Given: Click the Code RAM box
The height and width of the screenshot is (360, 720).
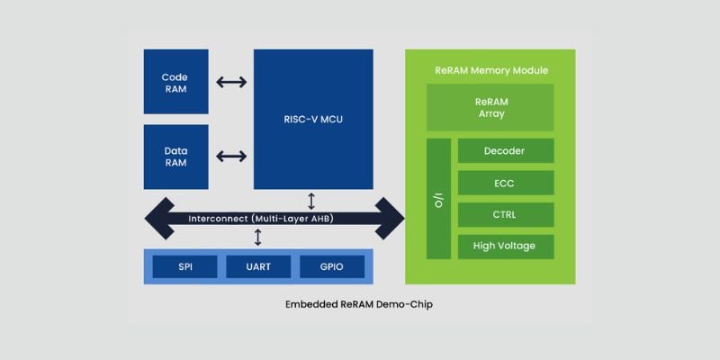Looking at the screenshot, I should click(x=175, y=82).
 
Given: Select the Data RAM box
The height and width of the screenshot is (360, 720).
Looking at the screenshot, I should click(x=175, y=157).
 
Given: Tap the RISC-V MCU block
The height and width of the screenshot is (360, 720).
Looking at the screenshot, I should click(x=312, y=119).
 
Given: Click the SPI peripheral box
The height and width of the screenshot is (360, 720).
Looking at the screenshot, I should click(x=184, y=266).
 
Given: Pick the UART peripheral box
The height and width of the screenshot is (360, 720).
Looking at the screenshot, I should click(x=258, y=266).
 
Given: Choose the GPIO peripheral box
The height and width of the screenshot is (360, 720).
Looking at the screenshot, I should click(x=331, y=266).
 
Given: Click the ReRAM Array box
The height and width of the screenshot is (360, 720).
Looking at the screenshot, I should click(x=490, y=107).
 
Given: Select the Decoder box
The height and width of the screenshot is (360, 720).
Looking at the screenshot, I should click(x=505, y=150).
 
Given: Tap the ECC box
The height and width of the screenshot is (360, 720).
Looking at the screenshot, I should click(x=505, y=183).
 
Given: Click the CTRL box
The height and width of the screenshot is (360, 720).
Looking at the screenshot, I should click(x=505, y=214).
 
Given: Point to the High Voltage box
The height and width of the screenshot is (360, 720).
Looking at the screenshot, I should click(x=505, y=246).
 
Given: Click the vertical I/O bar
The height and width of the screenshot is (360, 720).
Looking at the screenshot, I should click(x=438, y=199).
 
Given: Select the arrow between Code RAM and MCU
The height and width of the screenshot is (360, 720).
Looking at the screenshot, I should click(x=231, y=82).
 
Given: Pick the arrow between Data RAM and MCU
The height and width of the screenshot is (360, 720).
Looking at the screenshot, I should click(x=231, y=157).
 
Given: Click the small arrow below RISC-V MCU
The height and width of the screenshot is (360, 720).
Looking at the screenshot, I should click(x=311, y=200).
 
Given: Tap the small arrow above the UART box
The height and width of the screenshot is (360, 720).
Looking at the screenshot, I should click(x=258, y=238).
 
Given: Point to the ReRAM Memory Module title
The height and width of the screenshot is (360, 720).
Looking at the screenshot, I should click(x=490, y=70).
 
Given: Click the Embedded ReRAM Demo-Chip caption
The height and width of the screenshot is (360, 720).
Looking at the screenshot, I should click(x=359, y=304).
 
